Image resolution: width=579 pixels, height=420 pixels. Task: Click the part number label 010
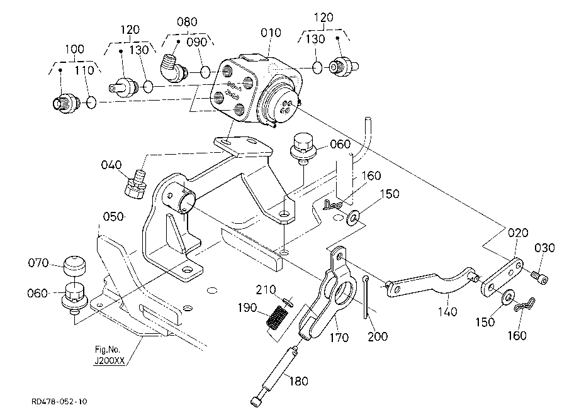pos(271,33)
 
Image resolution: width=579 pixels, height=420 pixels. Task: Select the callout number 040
pos(111,165)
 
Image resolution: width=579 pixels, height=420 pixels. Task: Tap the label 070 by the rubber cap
pos(38,263)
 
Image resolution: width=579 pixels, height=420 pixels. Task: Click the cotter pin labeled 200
pos(366,296)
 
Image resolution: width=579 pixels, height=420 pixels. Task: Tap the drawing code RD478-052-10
pos(59,401)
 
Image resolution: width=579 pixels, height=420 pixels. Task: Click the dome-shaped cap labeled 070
pos(75,265)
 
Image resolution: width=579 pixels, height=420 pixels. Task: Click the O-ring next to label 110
pos(91,102)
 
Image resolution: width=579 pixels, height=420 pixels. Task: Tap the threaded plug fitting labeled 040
pos(135,183)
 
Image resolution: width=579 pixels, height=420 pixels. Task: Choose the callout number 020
pos(518,233)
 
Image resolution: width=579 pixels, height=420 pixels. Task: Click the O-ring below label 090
pos(206,72)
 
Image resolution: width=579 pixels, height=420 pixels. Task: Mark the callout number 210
pos(266,290)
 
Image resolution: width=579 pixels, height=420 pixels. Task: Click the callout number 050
pos(113,216)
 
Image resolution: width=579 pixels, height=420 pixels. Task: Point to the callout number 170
pos(339,337)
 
